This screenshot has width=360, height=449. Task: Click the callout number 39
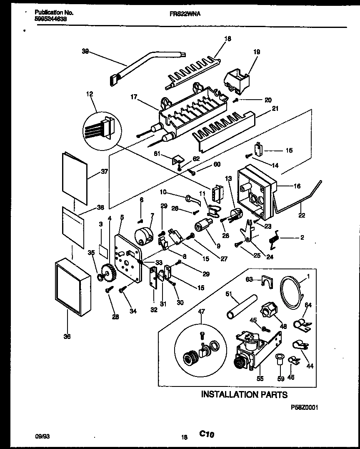(85, 51)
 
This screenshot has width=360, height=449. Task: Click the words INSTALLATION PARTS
(244, 394)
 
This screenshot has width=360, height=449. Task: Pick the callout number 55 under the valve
(260, 379)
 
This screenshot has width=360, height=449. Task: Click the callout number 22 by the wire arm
(301, 215)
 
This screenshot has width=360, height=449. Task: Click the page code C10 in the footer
(207, 434)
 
